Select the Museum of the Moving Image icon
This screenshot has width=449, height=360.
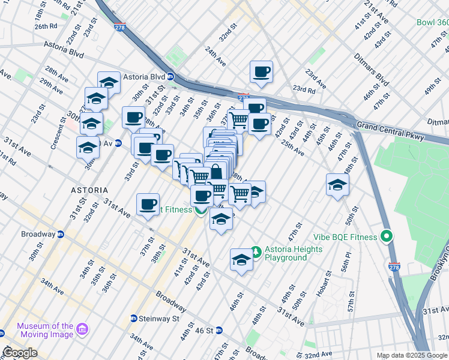coord(82,330)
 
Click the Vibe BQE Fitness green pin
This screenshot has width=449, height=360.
coord(387,236)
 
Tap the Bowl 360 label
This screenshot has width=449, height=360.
coord(432,22)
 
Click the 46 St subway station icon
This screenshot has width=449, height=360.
coord(219,330)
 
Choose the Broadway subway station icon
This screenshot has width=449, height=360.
coord(60,234)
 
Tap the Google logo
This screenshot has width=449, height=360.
coord(19,352)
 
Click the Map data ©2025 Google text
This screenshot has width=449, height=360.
coord(412,355)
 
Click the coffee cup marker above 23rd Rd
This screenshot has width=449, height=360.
coord(261,72)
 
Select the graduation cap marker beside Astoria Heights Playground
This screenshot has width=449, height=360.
coord(241,260)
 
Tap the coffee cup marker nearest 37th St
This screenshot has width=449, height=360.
coord(148,204)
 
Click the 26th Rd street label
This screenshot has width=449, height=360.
coord(45,26)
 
